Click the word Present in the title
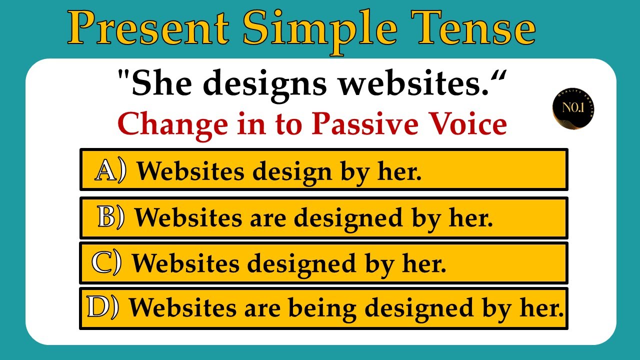click(149, 28)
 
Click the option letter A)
click(110, 171)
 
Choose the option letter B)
click(111, 217)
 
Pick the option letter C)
click(106, 263)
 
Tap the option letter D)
click(102, 307)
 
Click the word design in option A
click(292, 172)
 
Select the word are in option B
click(270, 218)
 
